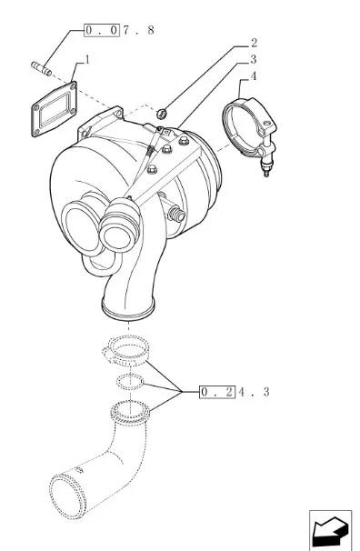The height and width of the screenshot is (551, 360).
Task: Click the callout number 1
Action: [x=87, y=60]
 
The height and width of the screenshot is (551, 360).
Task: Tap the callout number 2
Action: [x=254, y=43]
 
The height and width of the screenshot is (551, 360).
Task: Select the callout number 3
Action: [x=254, y=60]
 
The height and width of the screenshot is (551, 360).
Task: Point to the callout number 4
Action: [x=254, y=76]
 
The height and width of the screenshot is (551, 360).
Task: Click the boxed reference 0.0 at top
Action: [x=102, y=30]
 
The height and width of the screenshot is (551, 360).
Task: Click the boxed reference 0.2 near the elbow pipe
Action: [x=217, y=392]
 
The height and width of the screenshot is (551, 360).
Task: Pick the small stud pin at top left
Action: [x=41, y=68]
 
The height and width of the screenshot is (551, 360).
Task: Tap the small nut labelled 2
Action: [x=161, y=114]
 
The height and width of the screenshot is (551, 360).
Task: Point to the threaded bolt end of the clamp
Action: [x=266, y=169]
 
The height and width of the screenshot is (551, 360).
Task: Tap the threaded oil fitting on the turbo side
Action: [x=176, y=215]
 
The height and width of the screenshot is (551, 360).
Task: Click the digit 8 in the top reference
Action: [x=151, y=30]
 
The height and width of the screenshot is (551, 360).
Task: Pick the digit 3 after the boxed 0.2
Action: [x=266, y=392]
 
